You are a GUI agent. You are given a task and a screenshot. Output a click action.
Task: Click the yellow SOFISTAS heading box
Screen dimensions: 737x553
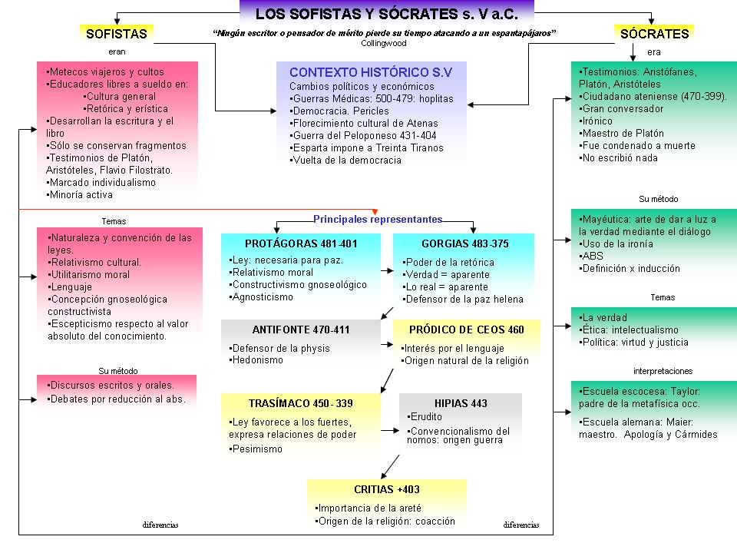coord(117,33)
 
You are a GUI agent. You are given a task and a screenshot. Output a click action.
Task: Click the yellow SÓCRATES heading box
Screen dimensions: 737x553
coord(654,33)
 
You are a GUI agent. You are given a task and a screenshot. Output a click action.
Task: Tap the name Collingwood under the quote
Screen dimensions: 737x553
coord(384,43)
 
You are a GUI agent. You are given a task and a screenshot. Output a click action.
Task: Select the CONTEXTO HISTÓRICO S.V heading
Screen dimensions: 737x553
coord(370,72)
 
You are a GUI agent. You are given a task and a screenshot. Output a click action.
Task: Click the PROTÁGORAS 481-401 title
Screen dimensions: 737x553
coord(301,243)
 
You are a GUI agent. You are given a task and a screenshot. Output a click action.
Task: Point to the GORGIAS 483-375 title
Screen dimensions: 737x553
coord(465,243)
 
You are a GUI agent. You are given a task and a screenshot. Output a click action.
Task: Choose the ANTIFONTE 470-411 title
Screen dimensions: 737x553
coord(301,329)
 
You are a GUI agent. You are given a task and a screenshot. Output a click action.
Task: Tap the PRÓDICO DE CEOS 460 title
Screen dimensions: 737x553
coord(466,329)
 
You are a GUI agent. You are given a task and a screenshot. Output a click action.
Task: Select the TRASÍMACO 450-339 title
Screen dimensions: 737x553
coord(301,403)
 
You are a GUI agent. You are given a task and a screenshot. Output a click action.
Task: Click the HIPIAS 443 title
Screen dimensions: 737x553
coord(461,403)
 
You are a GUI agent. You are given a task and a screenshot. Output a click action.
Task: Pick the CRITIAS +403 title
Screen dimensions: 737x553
coord(387,489)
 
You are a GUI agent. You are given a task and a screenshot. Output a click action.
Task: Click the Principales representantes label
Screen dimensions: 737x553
coord(378,219)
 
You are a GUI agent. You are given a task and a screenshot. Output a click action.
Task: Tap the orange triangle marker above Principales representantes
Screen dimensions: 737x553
coord(375,212)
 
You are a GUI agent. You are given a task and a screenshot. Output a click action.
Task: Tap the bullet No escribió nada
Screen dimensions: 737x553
coord(618,158)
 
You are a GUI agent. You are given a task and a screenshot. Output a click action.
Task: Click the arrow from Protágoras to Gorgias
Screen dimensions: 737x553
coord(387,270)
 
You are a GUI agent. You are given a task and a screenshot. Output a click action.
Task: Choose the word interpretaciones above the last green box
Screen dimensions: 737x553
coord(663,371)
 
